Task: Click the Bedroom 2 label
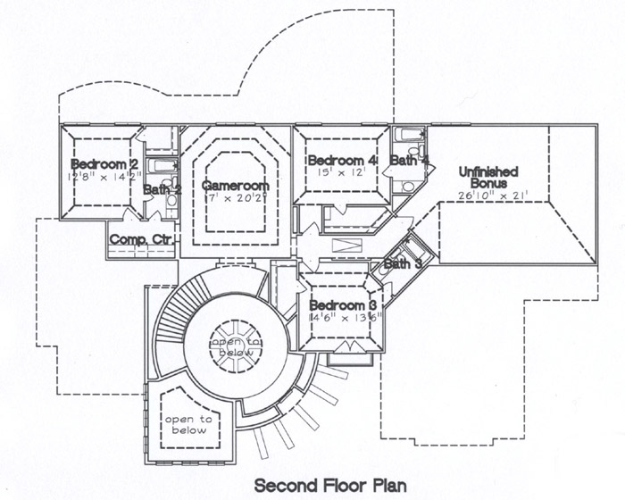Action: point(104,164)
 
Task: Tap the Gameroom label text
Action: point(235,185)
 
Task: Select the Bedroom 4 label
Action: point(342,160)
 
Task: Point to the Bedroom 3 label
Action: point(346,305)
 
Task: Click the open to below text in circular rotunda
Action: point(237,347)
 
